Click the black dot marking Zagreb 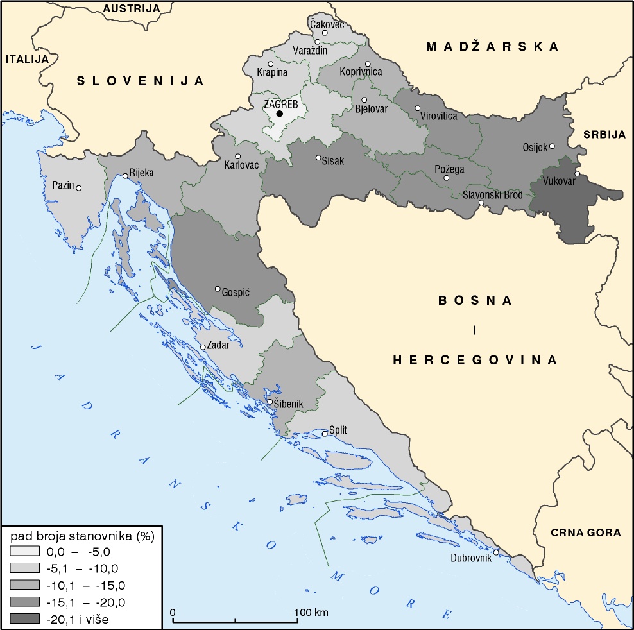[279, 114]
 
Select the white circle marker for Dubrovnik [496, 552]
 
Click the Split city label [338, 430]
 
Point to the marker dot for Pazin [79, 188]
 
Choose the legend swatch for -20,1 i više [26, 619]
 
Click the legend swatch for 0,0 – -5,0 [26, 551]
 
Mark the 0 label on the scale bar [173, 612]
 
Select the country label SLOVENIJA [141, 81]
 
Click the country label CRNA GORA [586, 532]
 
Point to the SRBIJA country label [604, 134]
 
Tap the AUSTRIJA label [131, 8]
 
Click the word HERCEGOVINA [475, 360]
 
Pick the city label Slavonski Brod [493, 194]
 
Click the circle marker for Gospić [218, 289]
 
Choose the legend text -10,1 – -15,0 [86, 585]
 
